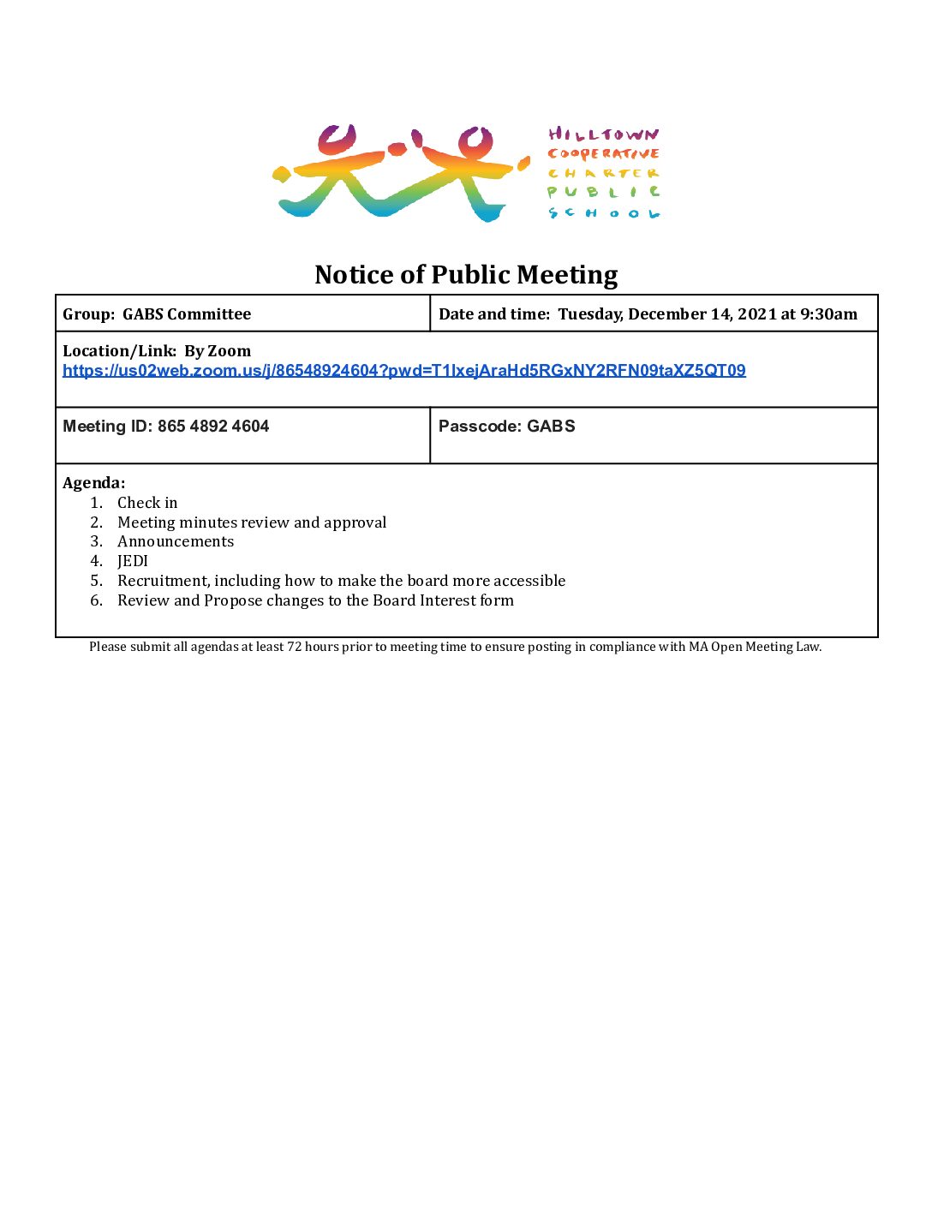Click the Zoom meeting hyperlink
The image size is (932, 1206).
coord(403,370)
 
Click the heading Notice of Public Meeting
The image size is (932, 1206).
coord(466,274)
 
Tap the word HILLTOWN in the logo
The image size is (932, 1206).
coord(604,134)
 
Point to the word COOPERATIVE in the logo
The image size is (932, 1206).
coord(604,154)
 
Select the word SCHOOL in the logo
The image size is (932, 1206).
coord(604,213)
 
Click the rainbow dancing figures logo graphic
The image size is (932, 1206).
coord(399,174)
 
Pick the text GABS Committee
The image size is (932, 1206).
coord(187,313)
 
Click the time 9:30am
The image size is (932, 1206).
coord(828,313)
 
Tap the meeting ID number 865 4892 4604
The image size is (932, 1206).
coord(213,426)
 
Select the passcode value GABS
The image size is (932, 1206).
coord(551,426)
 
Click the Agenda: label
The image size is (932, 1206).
coord(94,482)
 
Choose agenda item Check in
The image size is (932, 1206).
coord(147,503)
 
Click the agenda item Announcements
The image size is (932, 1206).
coord(176,541)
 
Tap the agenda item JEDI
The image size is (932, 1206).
coord(133,561)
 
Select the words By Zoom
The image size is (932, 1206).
coord(218,350)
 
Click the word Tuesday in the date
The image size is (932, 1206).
coord(590,313)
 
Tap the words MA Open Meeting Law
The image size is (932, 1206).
coord(755,647)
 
